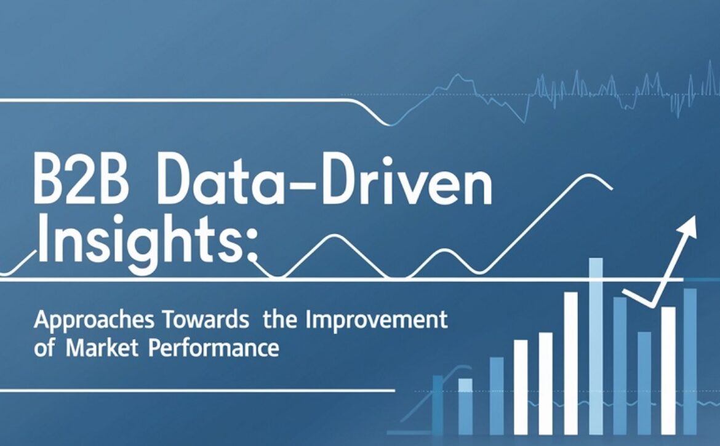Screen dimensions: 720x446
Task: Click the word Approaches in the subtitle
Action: coord(94,321)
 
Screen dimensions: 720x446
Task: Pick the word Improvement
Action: coord(376,321)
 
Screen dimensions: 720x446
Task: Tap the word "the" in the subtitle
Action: coord(280,319)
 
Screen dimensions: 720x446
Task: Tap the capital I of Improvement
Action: coord(308,319)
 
